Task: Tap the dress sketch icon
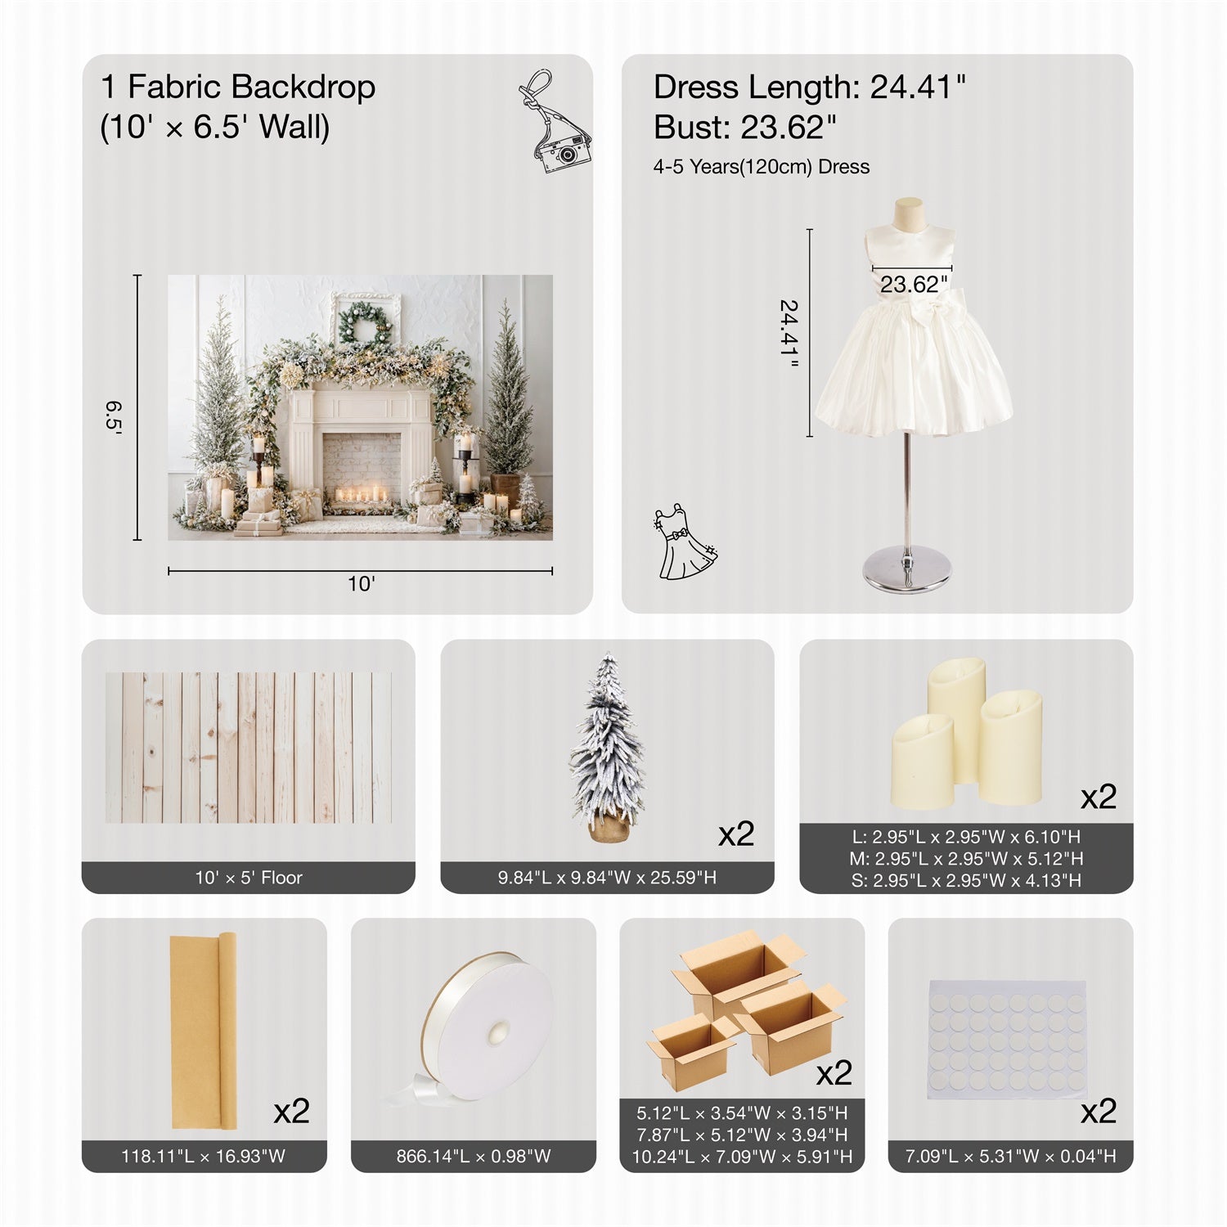click(685, 543)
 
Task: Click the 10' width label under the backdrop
click(361, 584)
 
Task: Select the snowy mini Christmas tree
click(607, 748)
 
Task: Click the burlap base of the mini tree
click(608, 826)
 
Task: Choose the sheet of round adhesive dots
click(1007, 1040)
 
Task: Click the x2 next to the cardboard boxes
click(834, 1072)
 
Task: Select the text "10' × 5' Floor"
click(249, 878)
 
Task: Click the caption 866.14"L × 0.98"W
click(474, 1157)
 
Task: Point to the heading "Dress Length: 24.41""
click(810, 87)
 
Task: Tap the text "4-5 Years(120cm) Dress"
click(761, 167)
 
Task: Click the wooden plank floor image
click(249, 748)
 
